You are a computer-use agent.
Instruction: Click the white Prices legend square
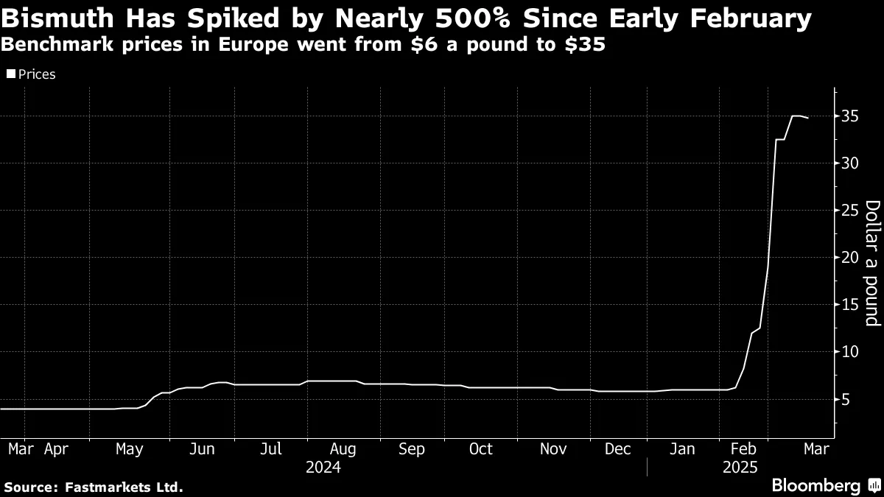coord(10,74)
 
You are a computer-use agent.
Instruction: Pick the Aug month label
coord(343,449)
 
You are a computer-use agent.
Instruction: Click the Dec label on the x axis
coord(617,449)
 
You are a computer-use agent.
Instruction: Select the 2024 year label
coord(323,467)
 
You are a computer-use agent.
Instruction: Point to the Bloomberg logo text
coord(815,486)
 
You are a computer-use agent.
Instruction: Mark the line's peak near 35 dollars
coord(796,116)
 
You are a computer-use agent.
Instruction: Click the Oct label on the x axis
coord(480,449)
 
